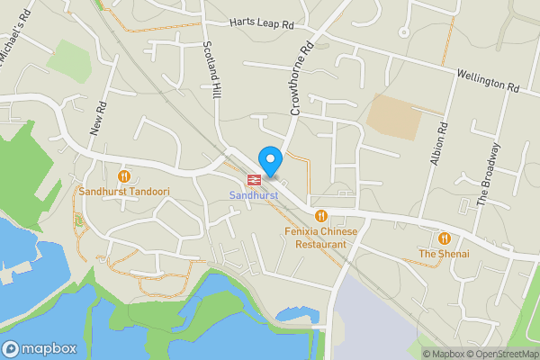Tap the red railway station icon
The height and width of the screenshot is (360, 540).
[x=254, y=179]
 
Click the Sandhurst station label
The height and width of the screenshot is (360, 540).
[x=254, y=195]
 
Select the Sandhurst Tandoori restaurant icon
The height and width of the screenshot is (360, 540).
[x=124, y=175]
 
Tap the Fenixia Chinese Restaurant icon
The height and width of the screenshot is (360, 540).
[x=320, y=215]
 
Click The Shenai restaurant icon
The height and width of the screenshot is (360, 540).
[x=444, y=238]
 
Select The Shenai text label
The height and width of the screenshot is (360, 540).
[x=444, y=255]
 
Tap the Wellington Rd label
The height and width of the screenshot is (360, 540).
[x=489, y=79]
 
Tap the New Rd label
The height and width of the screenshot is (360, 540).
[x=97, y=118]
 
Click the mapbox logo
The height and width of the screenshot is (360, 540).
[x=38, y=348]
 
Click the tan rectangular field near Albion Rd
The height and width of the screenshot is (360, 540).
[x=393, y=116]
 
